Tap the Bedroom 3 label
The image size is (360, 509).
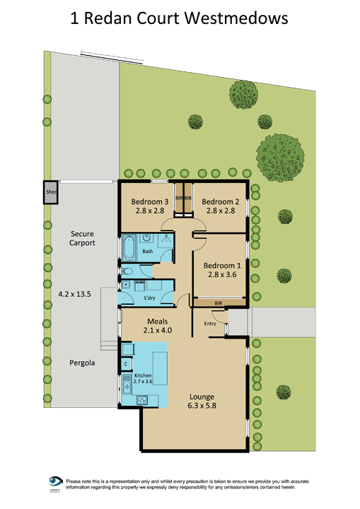(149, 201)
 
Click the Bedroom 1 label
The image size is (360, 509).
(221, 266)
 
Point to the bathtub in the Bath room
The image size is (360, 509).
(130, 248)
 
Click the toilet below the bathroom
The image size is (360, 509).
(127, 271)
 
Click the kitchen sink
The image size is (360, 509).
(126, 385)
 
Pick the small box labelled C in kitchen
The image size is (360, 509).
(126, 363)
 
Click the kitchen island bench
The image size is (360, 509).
(160, 367)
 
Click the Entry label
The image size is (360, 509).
(209, 324)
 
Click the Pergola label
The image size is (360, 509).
(82, 363)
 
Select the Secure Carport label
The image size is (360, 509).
(83, 238)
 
